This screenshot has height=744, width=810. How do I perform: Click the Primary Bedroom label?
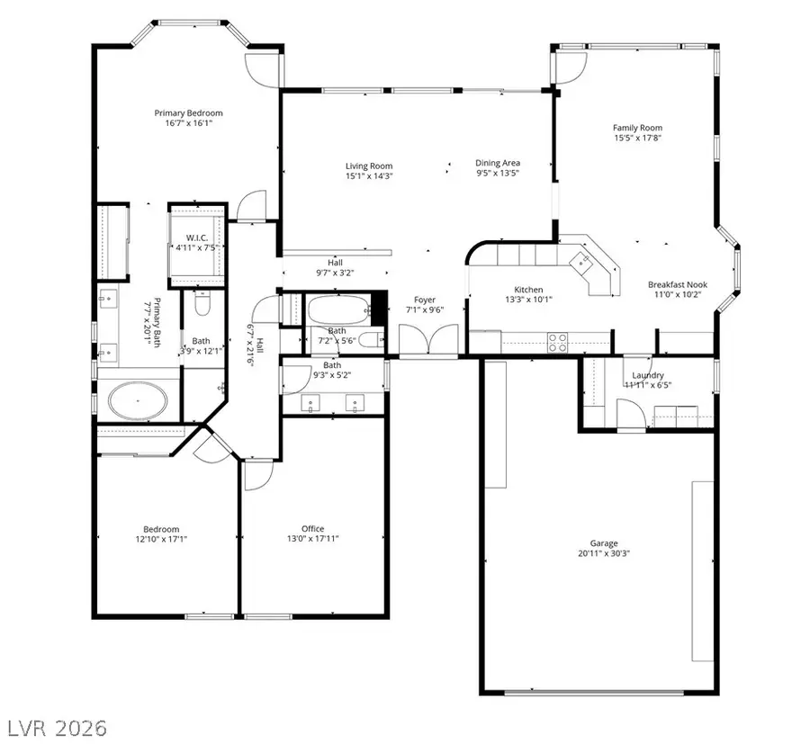click(188, 112)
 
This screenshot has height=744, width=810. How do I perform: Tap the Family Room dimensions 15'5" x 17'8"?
click(637, 139)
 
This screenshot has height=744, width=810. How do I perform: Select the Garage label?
click(604, 543)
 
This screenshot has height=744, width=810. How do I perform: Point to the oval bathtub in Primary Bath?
click(139, 400)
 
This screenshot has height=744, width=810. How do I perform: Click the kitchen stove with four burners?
click(558, 342)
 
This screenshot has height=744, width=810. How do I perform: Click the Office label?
click(312, 528)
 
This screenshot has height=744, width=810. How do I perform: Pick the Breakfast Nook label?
click(674, 285)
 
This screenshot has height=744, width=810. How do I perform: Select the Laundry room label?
click(648, 375)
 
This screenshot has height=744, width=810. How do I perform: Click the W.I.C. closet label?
click(197, 238)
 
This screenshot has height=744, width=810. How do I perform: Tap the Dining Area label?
click(498, 164)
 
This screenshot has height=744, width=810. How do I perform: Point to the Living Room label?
click(369, 166)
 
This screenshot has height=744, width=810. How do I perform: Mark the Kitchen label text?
click(527, 289)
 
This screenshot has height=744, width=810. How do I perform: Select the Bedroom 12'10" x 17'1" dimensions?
click(161, 539)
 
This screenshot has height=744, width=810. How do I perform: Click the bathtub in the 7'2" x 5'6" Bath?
click(337, 310)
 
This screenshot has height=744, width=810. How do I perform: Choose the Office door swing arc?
click(256, 476)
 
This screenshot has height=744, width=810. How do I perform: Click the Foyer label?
click(425, 300)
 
